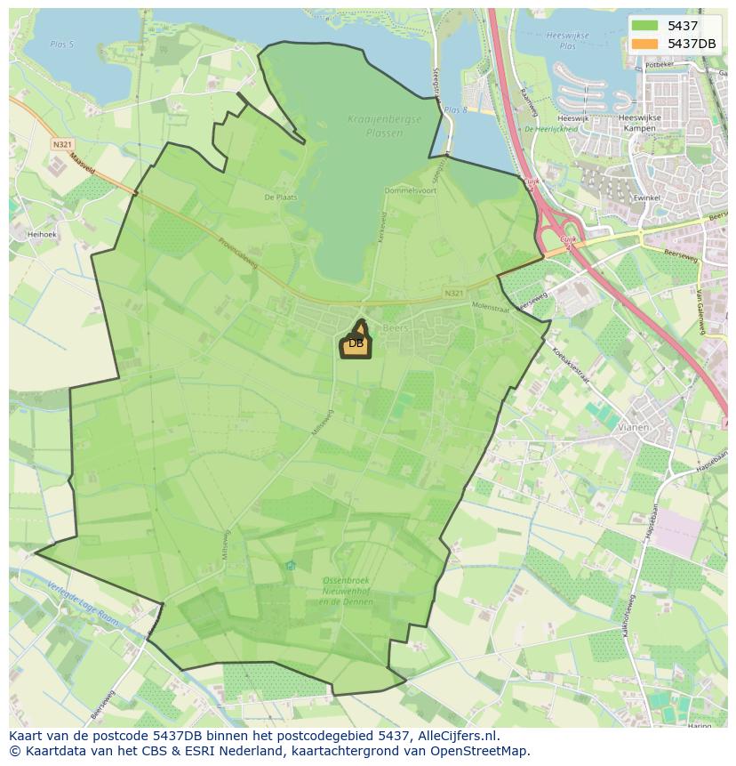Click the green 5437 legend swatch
645,26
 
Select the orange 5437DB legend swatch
645,44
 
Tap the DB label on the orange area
356,343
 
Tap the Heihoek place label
42,234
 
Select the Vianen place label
633,427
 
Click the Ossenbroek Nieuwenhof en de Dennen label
348,591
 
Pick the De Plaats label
280,197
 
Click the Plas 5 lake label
61,42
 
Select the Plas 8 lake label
455,109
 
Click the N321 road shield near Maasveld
61,143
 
